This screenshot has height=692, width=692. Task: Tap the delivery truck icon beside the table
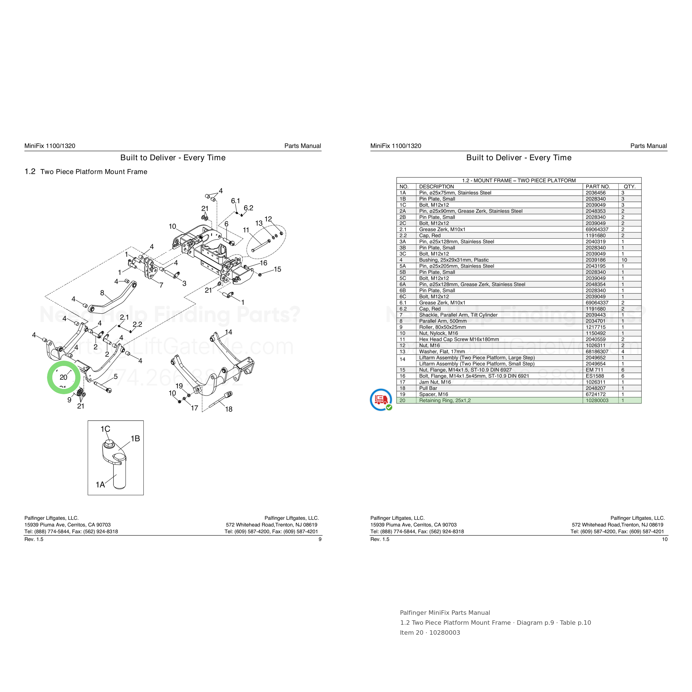381,399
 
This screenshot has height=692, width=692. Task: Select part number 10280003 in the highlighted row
597,401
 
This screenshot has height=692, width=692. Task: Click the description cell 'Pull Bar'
428,388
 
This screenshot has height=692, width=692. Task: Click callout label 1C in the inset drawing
105,429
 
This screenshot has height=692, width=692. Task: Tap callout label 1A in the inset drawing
100,485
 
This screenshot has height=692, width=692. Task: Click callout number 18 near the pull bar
229,409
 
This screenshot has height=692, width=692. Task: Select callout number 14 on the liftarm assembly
229,332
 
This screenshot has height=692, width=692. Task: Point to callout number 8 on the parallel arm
102,293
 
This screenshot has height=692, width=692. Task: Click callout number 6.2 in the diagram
248,208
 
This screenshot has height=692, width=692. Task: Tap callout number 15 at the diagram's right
278,269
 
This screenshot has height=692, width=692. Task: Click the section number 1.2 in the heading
30,172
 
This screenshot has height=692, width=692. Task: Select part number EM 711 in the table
594,370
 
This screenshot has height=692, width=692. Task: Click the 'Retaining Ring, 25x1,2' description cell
445,401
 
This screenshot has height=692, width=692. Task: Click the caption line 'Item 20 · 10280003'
430,632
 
